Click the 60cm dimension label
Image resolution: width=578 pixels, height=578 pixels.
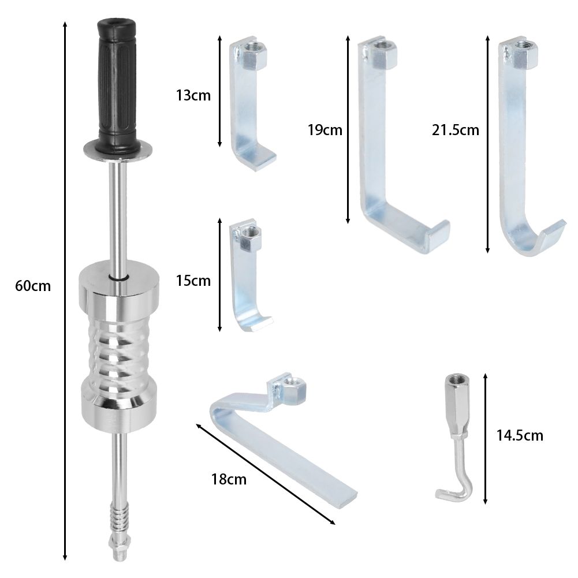33,286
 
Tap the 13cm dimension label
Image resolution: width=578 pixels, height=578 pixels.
193,95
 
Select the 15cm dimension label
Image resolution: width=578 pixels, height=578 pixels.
193,281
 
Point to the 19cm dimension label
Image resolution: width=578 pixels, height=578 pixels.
325,130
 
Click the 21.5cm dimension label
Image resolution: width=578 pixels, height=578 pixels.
456,130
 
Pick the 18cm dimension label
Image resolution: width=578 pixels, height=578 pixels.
229,480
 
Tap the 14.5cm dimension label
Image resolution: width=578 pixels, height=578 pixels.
520,436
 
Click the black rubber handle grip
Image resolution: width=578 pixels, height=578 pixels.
117,85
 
